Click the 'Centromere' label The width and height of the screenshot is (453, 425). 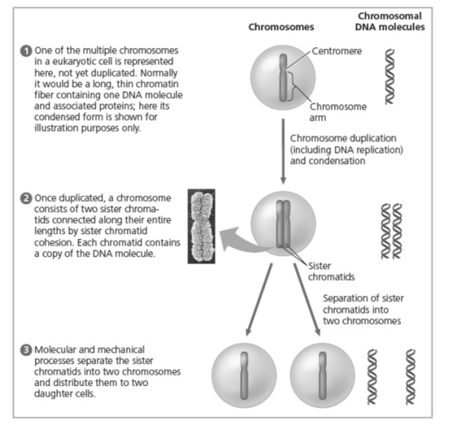pyautogui.click(x=336, y=51)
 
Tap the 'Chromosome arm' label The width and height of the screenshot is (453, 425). pyautogui.click(x=338, y=112)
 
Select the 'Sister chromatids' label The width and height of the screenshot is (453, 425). pyautogui.click(x=331, y=272)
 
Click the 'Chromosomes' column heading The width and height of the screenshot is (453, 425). pyautogui.click(x=281, y=27)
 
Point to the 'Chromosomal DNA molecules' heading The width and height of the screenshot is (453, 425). pyautogui.click(x=389, y=21)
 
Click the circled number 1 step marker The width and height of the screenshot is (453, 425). pyautogui.click(x=26, y=51)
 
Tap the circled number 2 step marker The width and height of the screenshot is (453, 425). pyautogui.click(x=26, y=198)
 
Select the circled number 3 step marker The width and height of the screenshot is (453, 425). pyautogui.click(x=26, y=350)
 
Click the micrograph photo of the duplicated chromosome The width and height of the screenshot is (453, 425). pyautogui.click(x=201, y=226)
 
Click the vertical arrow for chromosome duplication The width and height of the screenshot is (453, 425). pyautogui.click(x=284, y=151)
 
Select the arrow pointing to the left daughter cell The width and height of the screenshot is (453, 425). pyautogui.click(x=259, y=299)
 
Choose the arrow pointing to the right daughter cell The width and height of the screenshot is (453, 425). pyautogui.click(x=307, y=299)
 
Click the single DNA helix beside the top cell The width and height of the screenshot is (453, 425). pyautogui.click(x=389, y=77)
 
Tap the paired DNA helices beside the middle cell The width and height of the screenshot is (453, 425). pyautogui.click(x=391, y=231)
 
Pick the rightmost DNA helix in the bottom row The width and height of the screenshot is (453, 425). pyautogui.click(x=411, y=377)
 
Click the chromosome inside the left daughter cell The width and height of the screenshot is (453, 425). pyautogui.click(x=244, y=375)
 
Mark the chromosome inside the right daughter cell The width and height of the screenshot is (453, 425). pyautogui.click(x=323, y=375)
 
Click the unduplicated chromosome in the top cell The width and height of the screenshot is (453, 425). pyautogui.click(x=284, y=77)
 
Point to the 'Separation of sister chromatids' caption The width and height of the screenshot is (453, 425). pyautogui.click(x=363, y=309)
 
